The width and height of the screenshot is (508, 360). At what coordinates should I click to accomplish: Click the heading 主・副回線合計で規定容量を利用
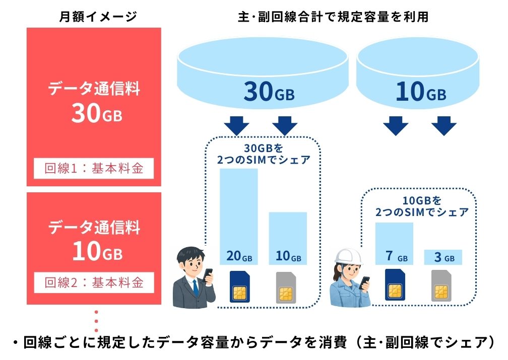[333, 16]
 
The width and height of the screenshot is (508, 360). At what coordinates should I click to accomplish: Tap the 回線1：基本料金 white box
[94, 168]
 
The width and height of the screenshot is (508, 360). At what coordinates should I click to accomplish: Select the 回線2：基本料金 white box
[94, 282]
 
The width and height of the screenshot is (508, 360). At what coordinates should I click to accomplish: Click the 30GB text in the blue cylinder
[269, 92]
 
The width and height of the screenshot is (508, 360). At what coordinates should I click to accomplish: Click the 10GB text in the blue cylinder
[420, 92]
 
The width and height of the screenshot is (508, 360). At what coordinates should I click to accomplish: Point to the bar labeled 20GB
[239, 217]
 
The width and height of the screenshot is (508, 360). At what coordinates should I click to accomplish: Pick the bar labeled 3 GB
[444, 257]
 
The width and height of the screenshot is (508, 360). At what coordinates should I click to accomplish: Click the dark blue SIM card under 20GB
[240, 287]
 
